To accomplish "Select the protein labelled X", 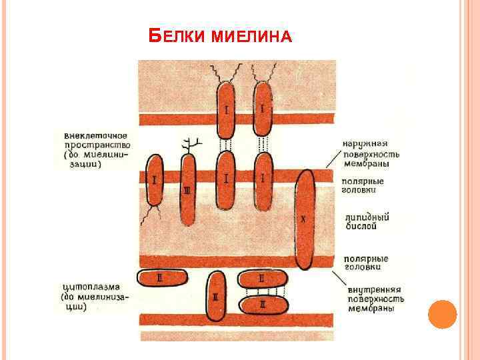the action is pyautogui.click(x=305, y=220).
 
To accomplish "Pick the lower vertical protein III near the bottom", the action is pyautogui.click(x=216, y=297).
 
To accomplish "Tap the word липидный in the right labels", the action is pyautogui.click(x=365, y=217).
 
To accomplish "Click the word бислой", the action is pyautogui.click(x=361, y=227).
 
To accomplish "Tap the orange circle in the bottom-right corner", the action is pyautogui.click(x=441, y=314).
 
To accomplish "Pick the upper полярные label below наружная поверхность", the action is pyautogui.click(x=364, y=181).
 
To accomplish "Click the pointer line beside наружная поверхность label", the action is pyautogui.click(x=332, y=158).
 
